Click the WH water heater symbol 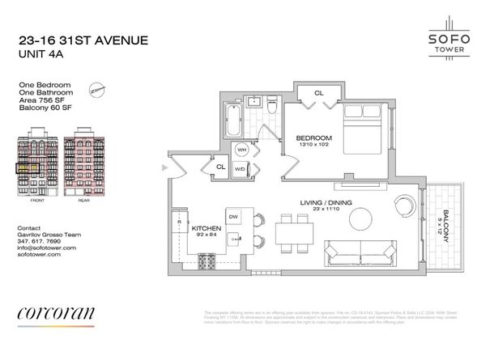(x=240, y=149)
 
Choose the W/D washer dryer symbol (x=240, y=168)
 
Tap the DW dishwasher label (x=233, y=217)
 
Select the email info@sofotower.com (x=46, y=247)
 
